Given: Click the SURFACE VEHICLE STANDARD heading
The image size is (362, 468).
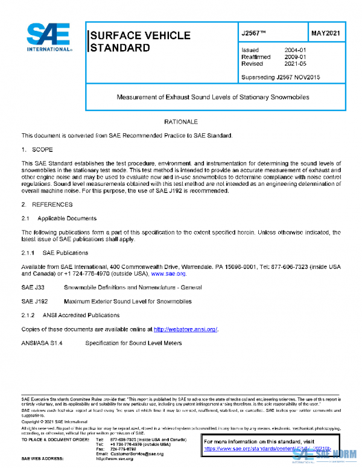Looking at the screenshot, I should point(139,41).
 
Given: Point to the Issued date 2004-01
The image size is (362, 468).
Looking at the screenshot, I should point(295,50).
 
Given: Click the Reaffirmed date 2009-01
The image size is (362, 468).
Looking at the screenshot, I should point(295,57).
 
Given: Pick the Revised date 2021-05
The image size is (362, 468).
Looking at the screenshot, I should point(295,63).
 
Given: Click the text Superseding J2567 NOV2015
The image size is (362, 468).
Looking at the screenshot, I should point(281,77).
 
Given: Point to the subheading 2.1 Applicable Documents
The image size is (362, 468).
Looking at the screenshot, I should point(59,218).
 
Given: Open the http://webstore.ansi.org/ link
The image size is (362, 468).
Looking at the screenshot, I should point(185,329).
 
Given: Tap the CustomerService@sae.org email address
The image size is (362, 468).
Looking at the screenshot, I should point(137,454).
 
